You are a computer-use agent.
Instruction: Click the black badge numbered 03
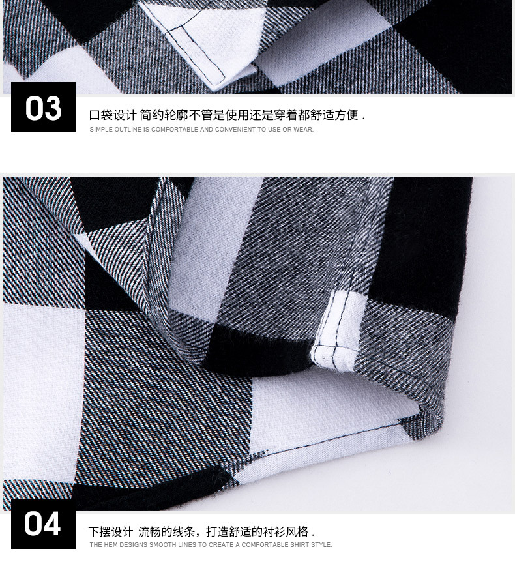(x=43, y=108)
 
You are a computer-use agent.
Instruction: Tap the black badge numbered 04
(x=42, y=524)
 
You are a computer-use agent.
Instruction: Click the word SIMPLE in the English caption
(x=101, y=130)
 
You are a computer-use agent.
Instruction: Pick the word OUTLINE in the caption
(x=128, y=130)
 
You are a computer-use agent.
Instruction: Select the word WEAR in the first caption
(x=303, y=130)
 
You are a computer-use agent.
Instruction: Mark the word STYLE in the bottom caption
(x=321, y=545)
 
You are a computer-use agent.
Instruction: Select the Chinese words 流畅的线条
(x=167, y=532)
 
